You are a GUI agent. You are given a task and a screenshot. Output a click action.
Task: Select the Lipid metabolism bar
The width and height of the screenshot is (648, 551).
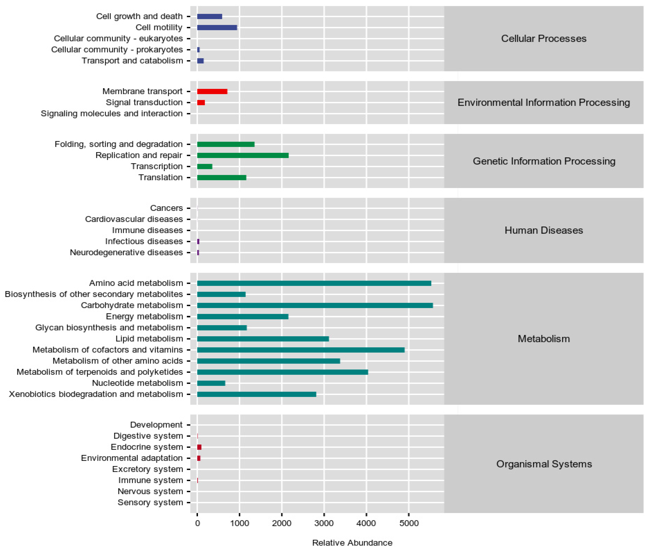point(263,339)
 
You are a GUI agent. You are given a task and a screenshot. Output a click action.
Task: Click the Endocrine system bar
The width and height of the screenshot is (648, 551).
point(199,447)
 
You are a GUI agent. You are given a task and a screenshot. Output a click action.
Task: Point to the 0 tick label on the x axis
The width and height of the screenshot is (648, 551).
point(197,523)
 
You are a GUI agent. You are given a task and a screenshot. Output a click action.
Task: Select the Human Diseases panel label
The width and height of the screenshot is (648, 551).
point(544,230)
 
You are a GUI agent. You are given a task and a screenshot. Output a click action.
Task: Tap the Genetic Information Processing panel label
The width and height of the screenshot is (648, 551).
point(544,161)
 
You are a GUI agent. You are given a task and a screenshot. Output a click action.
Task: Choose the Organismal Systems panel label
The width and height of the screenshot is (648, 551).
point(544,464)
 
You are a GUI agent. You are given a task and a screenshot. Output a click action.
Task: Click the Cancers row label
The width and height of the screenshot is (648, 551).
point(166,208)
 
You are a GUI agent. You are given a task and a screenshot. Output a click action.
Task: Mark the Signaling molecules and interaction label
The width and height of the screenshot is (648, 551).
point(112,113)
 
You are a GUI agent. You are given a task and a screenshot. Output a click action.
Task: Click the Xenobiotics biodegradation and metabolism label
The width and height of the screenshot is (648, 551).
point(96,394)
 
